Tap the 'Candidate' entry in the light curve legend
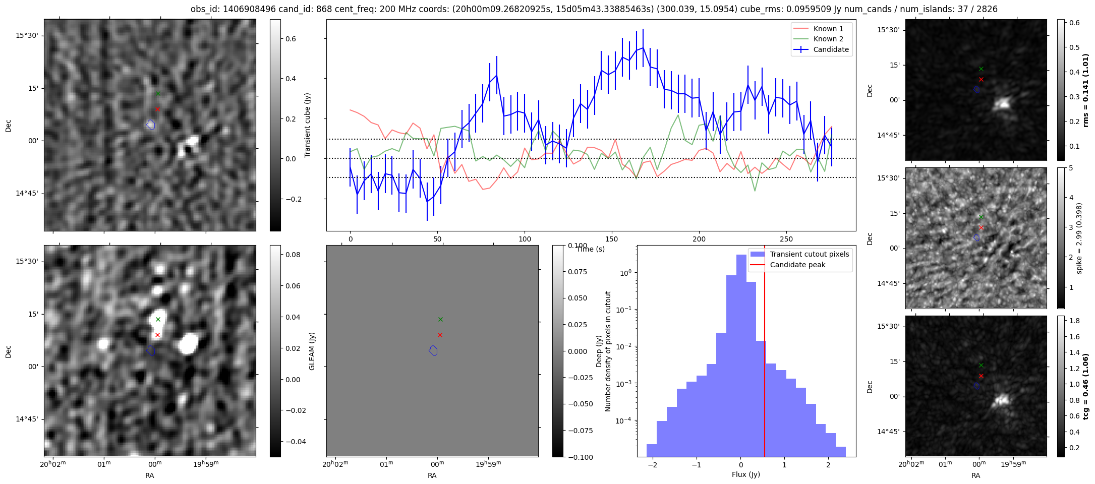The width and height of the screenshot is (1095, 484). tap(831, 49)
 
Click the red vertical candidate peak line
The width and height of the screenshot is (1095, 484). tap(765, 353)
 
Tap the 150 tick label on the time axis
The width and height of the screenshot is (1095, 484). tap(612, 239)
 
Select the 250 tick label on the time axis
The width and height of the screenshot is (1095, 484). tap(786, 239)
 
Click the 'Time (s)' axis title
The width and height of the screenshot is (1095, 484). tap(591, 249)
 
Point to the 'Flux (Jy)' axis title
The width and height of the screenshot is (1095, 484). tap(746, 474)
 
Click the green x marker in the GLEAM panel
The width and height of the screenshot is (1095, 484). tap(440, 319)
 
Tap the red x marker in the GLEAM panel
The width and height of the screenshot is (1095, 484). tap(440, 335)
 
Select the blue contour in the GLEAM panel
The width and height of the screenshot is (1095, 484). tap(433, 350)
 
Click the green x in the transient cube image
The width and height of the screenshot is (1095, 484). tap(158, 93)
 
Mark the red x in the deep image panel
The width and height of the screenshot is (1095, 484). tap(157, 335)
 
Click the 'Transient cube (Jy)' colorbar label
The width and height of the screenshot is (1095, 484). tap(307, 125)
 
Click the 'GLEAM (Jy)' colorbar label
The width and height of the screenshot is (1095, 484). tap(312, 351)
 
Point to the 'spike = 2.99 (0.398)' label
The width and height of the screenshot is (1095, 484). tap(1079, 238)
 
